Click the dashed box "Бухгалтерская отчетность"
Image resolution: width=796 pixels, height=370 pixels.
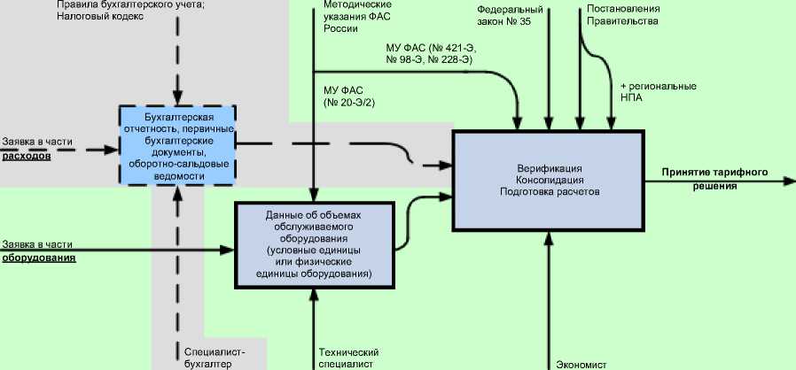pos(177,143)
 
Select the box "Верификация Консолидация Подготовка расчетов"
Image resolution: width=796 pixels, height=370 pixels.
pos(547,180)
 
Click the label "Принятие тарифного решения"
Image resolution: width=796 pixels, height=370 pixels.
pos(714,179)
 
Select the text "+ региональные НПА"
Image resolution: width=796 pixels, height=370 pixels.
pos(653,93)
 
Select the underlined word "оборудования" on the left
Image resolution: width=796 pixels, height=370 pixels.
pos(38,258)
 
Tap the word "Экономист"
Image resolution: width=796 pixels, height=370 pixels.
pos(581,363)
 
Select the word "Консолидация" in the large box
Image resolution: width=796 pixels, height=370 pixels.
pos(547,180)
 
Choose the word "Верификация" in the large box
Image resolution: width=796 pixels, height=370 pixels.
pos(547,167)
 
